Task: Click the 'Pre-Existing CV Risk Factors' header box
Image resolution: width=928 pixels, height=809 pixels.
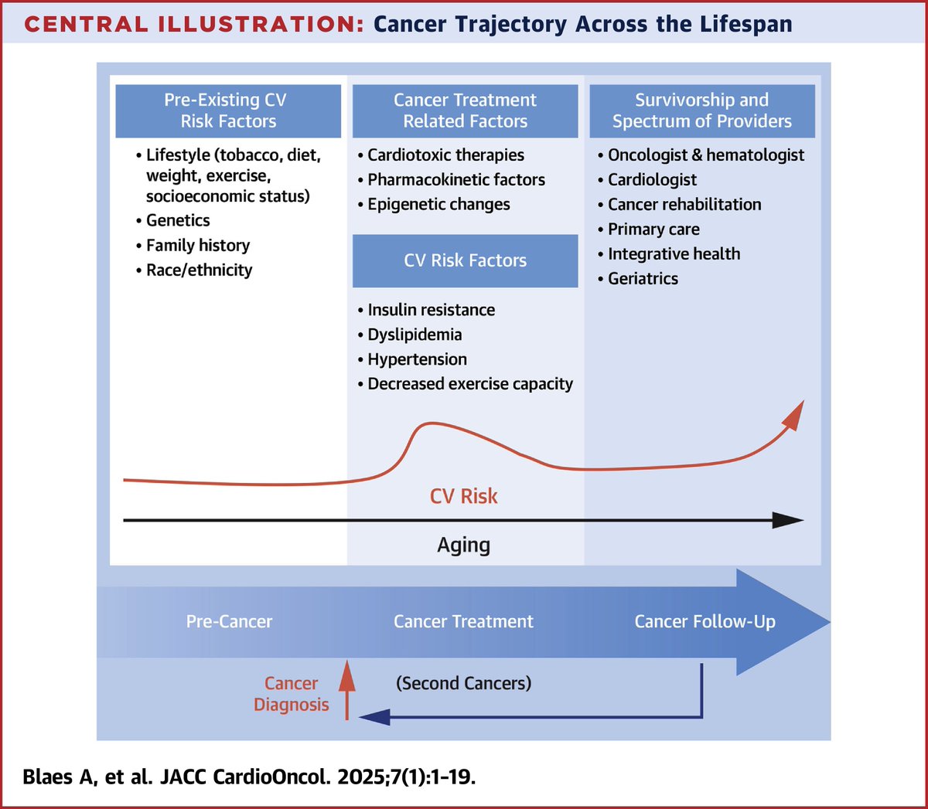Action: (228, 110)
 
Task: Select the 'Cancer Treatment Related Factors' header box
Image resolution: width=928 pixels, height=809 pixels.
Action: (465, 110)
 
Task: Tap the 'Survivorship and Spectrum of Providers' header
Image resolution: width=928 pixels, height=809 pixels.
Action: (701, 110)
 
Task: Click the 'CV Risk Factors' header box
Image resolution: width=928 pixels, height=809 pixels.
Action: (465, 260)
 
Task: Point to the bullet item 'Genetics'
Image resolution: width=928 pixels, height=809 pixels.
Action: (178, 220)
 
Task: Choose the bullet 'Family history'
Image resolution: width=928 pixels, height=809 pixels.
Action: (198, 245)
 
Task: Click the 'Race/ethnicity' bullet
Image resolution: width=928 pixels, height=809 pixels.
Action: (199, 270)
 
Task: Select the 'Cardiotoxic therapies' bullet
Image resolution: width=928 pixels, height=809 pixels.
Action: (445, 155)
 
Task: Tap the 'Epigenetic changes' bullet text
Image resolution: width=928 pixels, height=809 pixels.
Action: (438, 204)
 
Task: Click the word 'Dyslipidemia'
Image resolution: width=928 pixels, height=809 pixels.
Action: (415, 335)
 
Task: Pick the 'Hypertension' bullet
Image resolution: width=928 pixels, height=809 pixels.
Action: (417, 359)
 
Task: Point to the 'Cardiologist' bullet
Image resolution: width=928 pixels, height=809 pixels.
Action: (652, 179)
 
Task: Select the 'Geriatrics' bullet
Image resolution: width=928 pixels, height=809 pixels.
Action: (643, 278)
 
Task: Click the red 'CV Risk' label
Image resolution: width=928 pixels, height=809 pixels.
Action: (463, 496)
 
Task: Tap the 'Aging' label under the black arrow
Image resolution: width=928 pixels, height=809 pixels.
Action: (463, 545)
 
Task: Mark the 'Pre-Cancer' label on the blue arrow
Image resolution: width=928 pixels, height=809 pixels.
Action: (229, 621)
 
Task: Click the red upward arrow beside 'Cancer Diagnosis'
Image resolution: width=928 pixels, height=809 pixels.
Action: (347, 687)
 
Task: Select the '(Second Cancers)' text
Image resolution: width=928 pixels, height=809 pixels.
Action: (463, 683)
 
